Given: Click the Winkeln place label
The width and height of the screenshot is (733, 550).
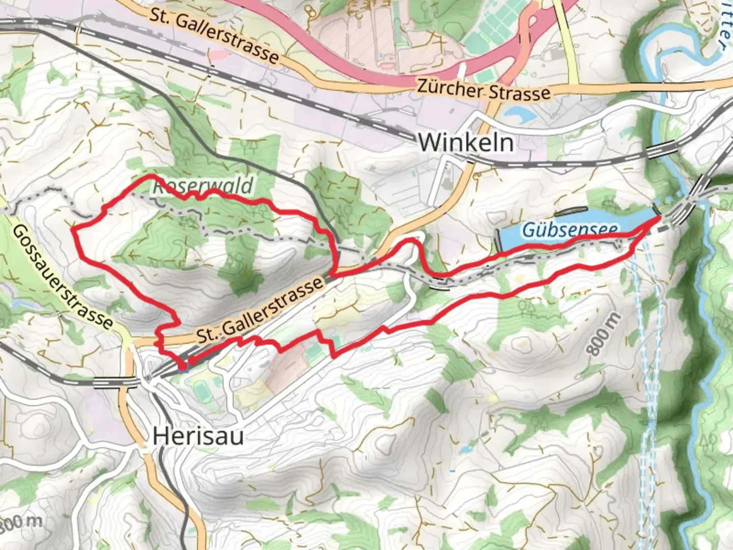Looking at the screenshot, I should point(466,142).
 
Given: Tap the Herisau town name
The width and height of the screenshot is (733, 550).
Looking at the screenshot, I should point(198,436).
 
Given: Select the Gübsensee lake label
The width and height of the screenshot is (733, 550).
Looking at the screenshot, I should point(570,230).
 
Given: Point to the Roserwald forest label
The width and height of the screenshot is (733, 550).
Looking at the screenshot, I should point(203,187).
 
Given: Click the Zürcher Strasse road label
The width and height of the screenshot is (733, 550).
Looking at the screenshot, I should point(484,91).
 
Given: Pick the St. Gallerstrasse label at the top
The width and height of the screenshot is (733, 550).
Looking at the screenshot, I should point(214,35).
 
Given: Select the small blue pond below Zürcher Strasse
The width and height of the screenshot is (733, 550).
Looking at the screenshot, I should point(519,113).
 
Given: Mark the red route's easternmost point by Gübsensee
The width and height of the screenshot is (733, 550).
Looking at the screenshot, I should point(660,217).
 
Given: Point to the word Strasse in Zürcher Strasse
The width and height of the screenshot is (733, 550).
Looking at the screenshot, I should point(519,93).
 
